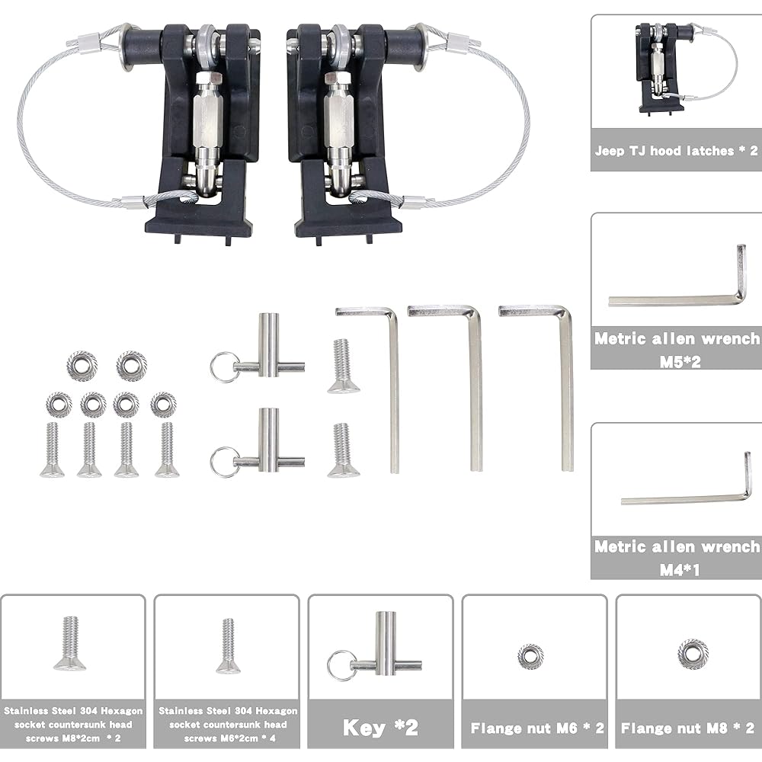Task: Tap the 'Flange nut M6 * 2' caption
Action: pos(536,728)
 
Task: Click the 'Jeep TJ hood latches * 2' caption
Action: pos(676,151)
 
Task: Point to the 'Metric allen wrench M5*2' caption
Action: pos(676,349)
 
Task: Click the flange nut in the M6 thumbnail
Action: pos(530,656)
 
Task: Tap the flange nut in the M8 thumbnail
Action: pos(693,654)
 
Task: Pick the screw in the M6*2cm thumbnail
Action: pos(228,646)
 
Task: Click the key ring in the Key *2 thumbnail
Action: pos(340,664)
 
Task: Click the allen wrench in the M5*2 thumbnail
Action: pos(678,296)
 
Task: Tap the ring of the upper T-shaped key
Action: pos(223,367)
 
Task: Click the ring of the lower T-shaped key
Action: pos(223,462)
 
